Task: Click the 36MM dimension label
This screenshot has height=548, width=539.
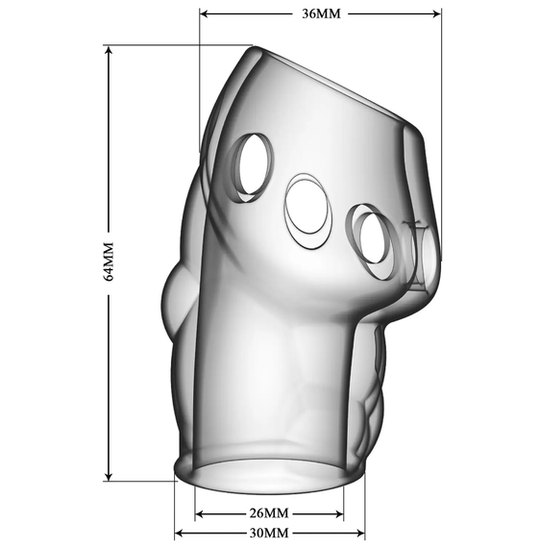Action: pos(321,14)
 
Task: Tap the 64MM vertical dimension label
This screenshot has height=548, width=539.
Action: pos(109,262)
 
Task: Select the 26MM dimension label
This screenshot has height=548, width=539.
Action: pos(269,513)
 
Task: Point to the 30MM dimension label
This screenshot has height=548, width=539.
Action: pos(269,534)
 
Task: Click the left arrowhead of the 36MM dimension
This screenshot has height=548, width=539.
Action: pos(204,14)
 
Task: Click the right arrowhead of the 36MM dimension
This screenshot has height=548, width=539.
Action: pos(436,14)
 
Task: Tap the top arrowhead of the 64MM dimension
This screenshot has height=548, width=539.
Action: pos(109,51)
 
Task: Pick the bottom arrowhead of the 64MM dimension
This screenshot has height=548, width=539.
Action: pos(109,476)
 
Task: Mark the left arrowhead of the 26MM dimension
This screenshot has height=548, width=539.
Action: pos(200,514)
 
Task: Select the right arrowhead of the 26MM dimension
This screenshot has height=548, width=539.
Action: pos(339,514)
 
